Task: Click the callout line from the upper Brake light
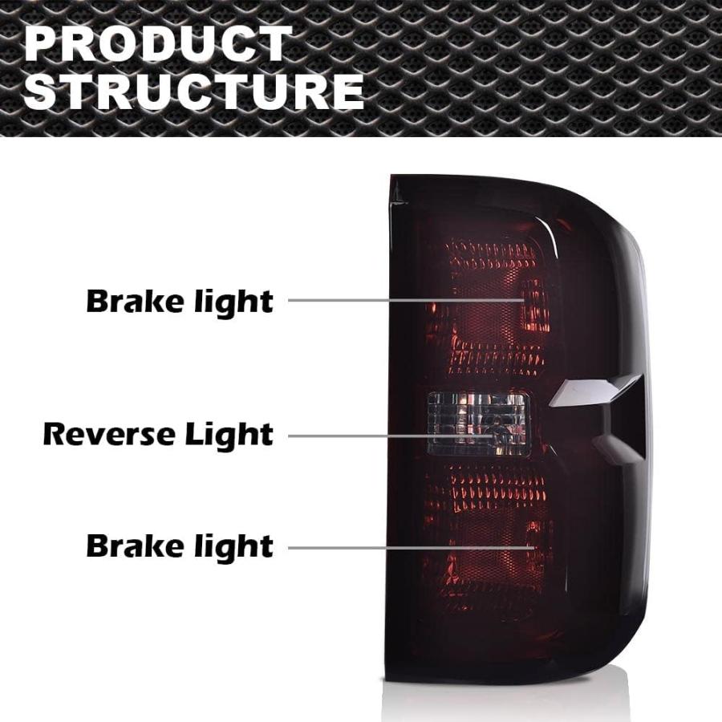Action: [407, 300]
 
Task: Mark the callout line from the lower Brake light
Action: [412, 548]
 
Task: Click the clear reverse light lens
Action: [478, 424]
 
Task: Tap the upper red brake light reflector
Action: [488, 306]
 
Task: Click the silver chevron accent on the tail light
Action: [594, 391]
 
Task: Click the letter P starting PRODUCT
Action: [42, 44]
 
